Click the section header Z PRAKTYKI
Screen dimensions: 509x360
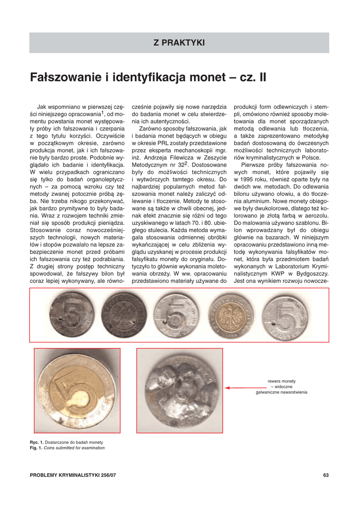179,43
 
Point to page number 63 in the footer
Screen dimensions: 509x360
326,476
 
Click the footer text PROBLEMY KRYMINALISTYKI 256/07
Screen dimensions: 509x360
73,476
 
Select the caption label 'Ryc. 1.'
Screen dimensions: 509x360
37,442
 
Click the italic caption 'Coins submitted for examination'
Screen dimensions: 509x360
75,448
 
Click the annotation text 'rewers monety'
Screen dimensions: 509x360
281,381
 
